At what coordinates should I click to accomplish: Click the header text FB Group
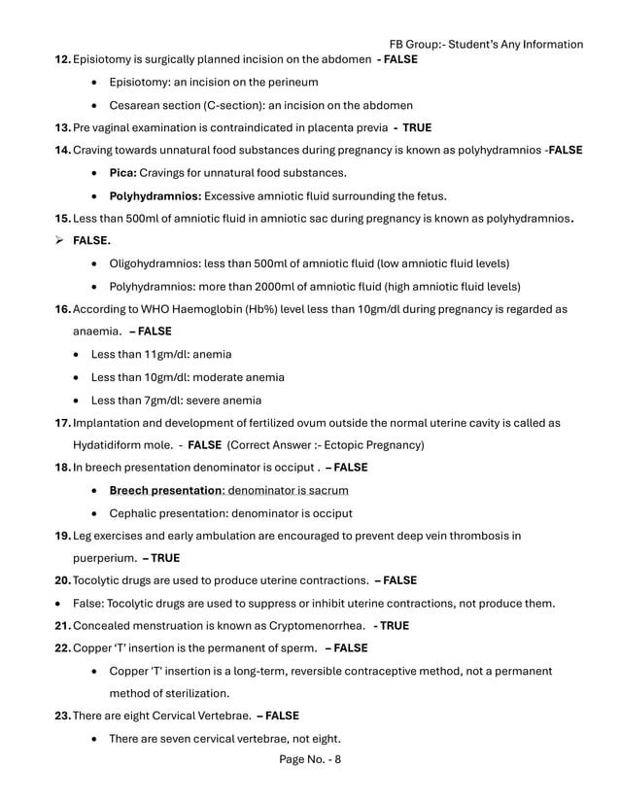click(418, 44)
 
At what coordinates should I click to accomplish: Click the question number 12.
click(62, 60)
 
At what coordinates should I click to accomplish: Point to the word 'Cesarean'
click(136, 105)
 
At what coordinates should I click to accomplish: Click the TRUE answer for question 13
click(417, 127)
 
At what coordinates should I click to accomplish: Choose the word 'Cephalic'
click(136, 513)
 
